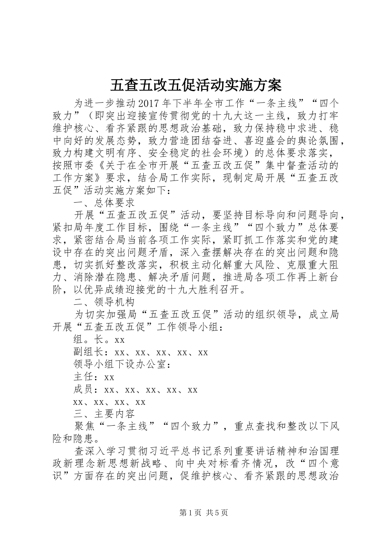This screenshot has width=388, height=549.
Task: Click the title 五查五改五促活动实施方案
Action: click(196, 85)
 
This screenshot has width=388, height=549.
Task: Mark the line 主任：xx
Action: click(94, 377)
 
